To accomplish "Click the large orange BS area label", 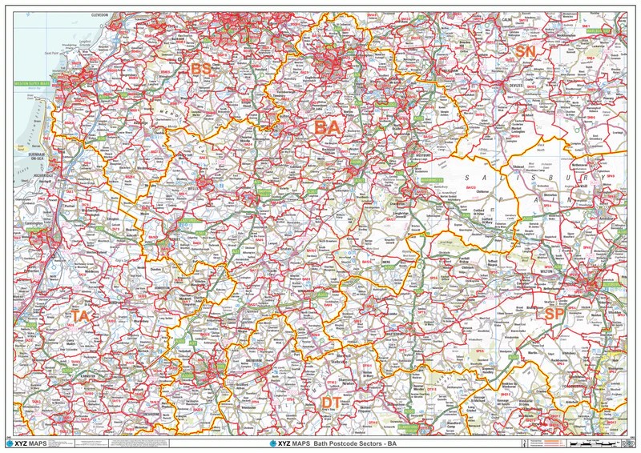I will point(200,70).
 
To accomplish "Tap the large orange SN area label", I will point(526,51).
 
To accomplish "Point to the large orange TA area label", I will point(79,316).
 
